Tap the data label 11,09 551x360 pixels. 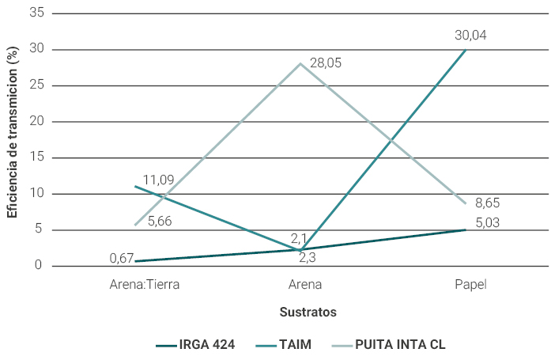(158, 180)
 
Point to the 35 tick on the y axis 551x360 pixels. (36, 13)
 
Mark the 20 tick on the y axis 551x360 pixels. (36, 122)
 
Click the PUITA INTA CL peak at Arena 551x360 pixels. (300, 63)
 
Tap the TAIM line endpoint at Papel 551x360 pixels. (466, 49)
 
